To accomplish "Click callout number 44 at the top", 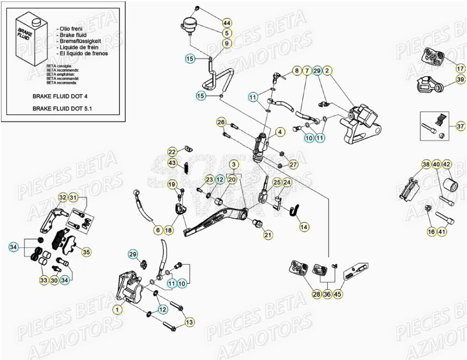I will pyautogui.click(x=227, y=23).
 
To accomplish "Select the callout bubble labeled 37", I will pyautogui.click(x=460, y=126).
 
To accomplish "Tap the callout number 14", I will pyautogui.click(x=304, y=226).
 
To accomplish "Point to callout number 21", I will pyautogui.click(x=268, y=235).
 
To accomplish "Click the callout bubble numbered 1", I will pyautogui.click(x=117, y=309).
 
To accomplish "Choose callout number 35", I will pyautogui.click(x=86, y=252).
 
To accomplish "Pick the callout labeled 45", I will pyautogui.click(x=338, y=294).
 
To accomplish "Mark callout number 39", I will pyautogui.click(x=460, y=79).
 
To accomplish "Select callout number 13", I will pyautogui.click(x=189, y=321).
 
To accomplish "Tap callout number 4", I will pyautogui.click(x=280, y=132).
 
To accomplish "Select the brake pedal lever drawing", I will pyautogui.click(x=215, y=221).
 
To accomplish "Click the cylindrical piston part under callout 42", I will pyautogui.click(x=448, y=185).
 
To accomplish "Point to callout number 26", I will pyautogui.click(x=221, y=122).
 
